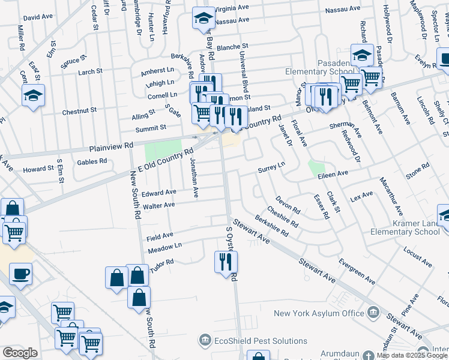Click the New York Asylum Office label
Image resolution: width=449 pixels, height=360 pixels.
(x=319, y=313)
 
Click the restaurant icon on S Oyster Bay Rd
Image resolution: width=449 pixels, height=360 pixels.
(x=226, y=262)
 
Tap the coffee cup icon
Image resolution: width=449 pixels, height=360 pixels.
(x=21, y=274)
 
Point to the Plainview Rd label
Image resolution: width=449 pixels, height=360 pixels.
(x=111, y=146)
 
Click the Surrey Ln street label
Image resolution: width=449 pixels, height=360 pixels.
(x=271, y=167)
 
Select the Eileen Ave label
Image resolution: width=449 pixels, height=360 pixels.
(x=333, y=173)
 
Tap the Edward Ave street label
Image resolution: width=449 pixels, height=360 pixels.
(x=159, y=193)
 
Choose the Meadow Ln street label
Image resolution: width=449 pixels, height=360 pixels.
(x=164, y=247)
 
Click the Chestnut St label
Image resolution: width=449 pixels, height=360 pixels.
(x=79, y=111)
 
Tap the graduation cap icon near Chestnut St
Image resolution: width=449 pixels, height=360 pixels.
(x=33, y=95)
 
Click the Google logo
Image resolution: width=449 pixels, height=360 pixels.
(x=19, y=353)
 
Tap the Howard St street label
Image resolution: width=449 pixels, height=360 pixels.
(x=38, y=169)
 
